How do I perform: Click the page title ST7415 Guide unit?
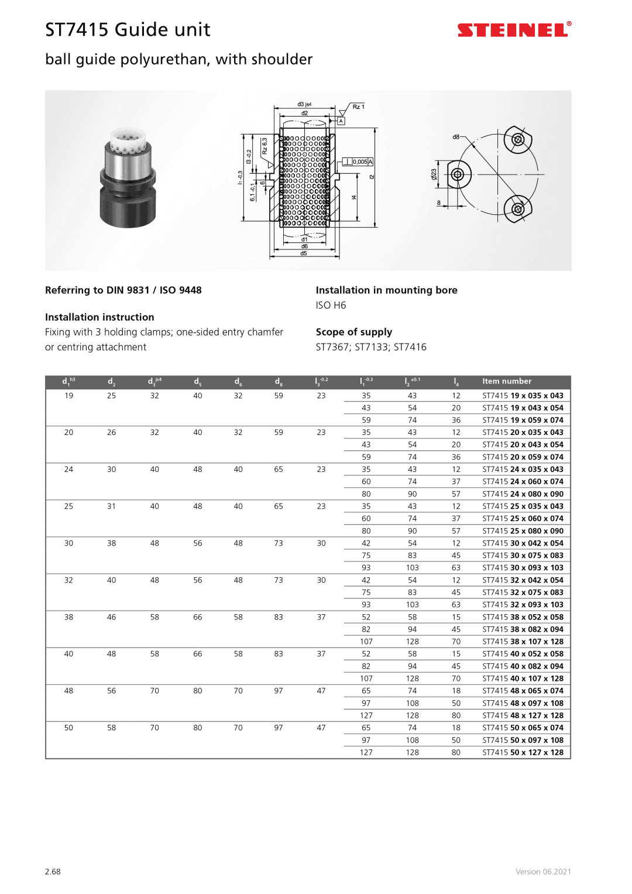128,30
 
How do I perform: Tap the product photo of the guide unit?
128,178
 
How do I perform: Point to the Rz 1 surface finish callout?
358,107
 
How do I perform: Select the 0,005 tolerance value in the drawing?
360,162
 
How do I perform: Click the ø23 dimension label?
434,174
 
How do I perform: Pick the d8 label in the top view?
456,137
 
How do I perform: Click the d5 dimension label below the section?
304,254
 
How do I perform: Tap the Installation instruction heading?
99,317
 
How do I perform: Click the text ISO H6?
331,305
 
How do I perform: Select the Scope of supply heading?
354,332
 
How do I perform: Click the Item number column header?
507,381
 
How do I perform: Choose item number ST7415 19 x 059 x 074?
523,420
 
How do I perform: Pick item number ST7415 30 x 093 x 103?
523,568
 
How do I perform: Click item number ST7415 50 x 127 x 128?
523,752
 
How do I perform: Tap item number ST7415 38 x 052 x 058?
523,617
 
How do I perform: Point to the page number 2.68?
53,872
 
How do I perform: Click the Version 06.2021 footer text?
543,872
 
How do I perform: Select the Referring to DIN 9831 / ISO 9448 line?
123,290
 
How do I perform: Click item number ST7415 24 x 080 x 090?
523,494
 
